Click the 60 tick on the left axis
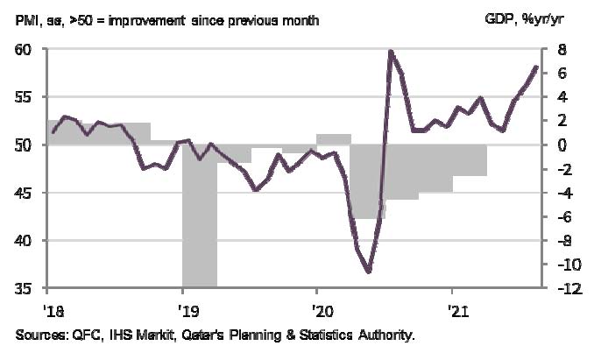pos(25,49)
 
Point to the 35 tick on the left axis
pos(25,288)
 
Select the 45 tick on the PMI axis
pos(25,193)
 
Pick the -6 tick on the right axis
pos(562,216)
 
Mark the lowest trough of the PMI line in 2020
pos(369,272)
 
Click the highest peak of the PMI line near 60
pos(390,52)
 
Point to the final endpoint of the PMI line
pos(536,67)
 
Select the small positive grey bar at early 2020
pos(333,139)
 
